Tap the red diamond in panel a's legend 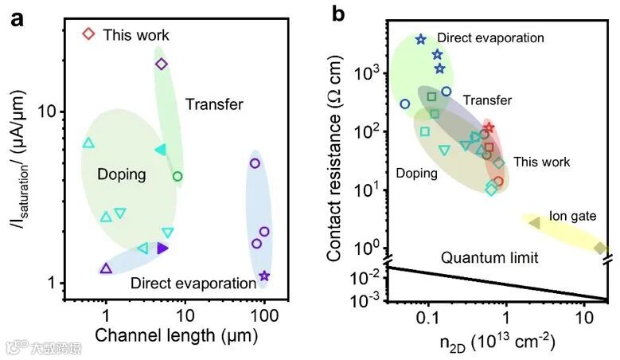(x=89, y=34)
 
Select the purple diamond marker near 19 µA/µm (x=162, y=64)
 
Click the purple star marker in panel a (x=264, y=276)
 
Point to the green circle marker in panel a (x=177, y=176)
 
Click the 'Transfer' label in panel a (x=214, y=104)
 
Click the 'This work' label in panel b (x=542, y=162)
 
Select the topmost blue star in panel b (x=421, y=39)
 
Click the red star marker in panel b (x=489, y=127)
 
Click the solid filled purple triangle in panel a (x=162, y=248)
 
